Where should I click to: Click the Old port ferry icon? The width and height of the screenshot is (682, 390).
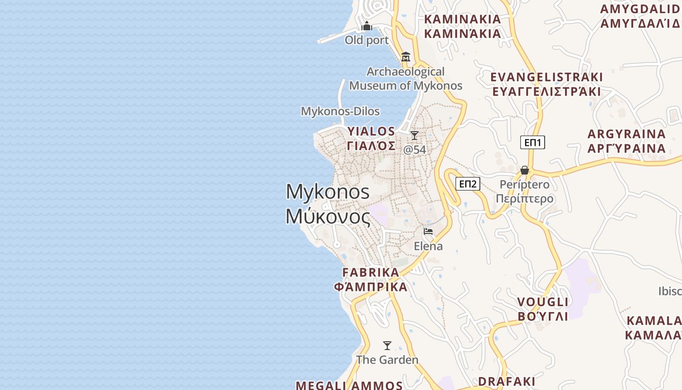pyautogui.click(x=367, y=26)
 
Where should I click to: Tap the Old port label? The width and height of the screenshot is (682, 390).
pyautogui.click(x=367, y=40)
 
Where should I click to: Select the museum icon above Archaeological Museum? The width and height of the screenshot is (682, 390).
pyautogui.click(x=406, y=57)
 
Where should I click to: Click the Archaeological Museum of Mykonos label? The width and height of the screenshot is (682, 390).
pyautogui.click(x=406, y=78)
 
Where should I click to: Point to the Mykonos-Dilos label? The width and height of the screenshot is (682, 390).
pyautogui.click(x=340, y=111)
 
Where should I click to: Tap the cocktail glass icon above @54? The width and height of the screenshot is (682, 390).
pyautogui.click(x=415, y=135)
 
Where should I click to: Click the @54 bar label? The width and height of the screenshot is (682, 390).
pyautogui.click(x=415, y=150)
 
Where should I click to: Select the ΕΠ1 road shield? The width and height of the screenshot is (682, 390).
pyautogui.click(x=533, y=142)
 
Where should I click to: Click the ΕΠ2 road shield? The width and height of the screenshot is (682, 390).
pyautogui.click(x=468, y=184)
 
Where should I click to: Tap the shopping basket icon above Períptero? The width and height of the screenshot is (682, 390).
pyautogui.click(x=525, y=170)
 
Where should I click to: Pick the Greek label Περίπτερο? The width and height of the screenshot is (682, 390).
pyautogui.click(x=525, y=199)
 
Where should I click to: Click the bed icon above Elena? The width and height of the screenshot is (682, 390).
pyautogui.click(x=428, y=232)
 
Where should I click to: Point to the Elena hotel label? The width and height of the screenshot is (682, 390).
pyautogui.click(x=428, y=246)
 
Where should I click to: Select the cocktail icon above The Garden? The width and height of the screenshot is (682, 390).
pyautogui.click(x=387, y=346)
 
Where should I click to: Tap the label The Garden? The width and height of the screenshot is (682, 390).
pyautogui.click(x=387, y=360)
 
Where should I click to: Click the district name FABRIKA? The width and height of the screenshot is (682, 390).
pyautogui.click(x=371, y=273)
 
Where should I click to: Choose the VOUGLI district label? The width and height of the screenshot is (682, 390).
pyautogui.click(x=543, y=302)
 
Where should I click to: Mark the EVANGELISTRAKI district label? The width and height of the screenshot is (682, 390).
pyautogui.click(x=546, y=77)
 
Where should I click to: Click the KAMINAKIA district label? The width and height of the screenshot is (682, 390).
pyautogui.click(x=462, y=19)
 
